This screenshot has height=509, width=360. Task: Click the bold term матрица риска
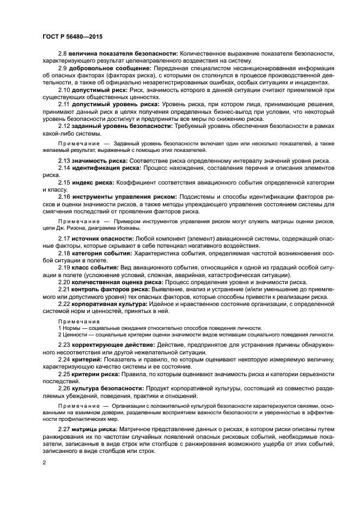tap(95, 430)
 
